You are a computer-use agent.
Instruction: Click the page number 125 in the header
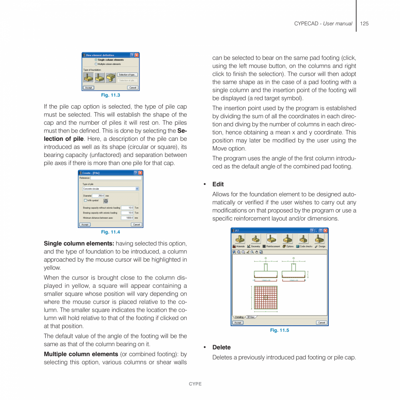coord(364,23)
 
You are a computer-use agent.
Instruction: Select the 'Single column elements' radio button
coord(96,60)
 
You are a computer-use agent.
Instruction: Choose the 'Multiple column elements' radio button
coord(96,64)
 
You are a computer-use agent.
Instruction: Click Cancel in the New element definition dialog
coord(133,87)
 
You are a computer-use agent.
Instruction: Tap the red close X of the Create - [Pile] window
coord(140,173)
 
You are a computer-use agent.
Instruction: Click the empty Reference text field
coord(116,178)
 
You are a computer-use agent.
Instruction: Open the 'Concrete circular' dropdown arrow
coord(137,189)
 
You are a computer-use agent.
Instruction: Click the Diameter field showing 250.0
coord(98,196)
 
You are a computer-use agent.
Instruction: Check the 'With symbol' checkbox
coord(85,200)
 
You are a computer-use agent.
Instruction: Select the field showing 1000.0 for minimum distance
coord(127,218)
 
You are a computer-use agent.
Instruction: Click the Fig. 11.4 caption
coord(110,232)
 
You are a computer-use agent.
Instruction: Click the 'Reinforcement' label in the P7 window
coord(273,247)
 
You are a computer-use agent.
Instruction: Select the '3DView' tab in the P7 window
coord(251,317)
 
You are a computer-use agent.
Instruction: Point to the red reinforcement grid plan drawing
coord(266,298)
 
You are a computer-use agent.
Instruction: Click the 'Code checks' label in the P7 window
coord(306,247)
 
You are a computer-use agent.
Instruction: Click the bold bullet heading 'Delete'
coord(221,347)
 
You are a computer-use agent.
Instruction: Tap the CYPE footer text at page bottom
coord(195,384)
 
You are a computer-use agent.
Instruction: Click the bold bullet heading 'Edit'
coord(218,184)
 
